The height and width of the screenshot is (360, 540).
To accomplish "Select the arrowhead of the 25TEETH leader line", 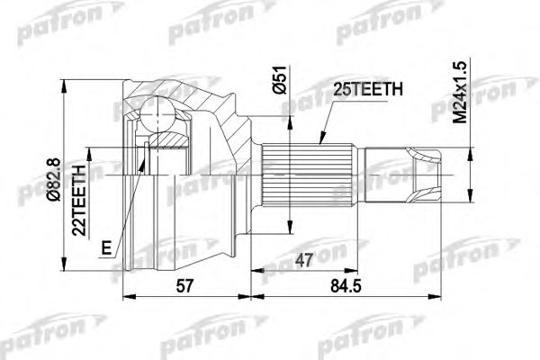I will click(x=321, y=144).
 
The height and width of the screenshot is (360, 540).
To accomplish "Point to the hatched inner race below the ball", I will click(x=170, y=140).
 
